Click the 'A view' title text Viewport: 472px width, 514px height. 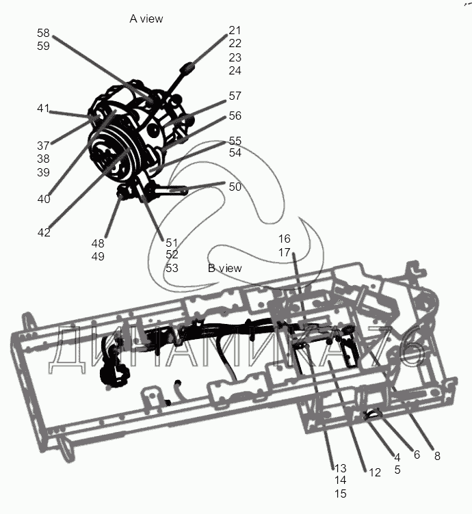pyautogui.click(x=146, y=18)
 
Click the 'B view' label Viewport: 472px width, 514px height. pyautogui.click(x=224, y=268)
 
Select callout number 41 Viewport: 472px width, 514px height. pyautogui.click(x=44, y=109)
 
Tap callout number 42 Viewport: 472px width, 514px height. pyautogui.click(x=44, y=232)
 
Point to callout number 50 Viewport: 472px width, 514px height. pyautogui.click(x=235, y=187)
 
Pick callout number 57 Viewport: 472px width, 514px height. pyautogui.click(x=235, y=96)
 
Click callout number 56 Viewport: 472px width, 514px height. pyautogui.click(x=235, y=116)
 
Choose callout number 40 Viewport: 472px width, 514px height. pyautogui.click(x=44, y=199)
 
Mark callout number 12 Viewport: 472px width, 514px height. pyautogui.click(x=374, y=472)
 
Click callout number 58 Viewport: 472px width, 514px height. pyautogui.click(x=44, y=33)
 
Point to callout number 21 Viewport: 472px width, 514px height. pyautogui.click(x=235, y=31)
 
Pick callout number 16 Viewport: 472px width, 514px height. pyautogui.click(x=284, y=239)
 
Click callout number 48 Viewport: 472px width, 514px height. pyautogui.click(x=98, y=243)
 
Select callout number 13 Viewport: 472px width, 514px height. pyautogui.click(x=340, y=468)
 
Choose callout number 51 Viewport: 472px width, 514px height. pyautogui.click(x=172, y=242)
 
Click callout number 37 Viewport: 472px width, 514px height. pyautogui.click(x=44, y=145)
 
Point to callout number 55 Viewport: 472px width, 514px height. pyautogui.click(x=235, y=141)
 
